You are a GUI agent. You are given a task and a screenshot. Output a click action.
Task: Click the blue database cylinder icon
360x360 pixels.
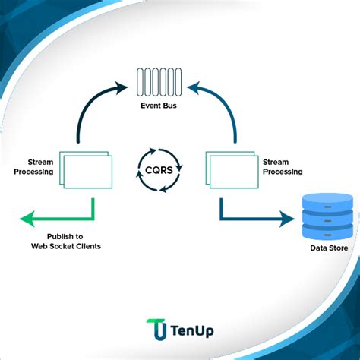[327, 217]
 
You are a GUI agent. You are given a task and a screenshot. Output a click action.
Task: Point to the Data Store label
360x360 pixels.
[329, 248]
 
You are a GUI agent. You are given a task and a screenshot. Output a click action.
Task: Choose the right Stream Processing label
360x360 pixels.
[282, 167]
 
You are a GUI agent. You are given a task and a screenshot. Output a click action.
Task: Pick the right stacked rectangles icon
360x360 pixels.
[229, 171]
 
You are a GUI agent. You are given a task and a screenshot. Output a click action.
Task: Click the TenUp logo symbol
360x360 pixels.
[156, 330]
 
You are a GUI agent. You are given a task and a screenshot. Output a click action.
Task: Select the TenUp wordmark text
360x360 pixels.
[191, 330]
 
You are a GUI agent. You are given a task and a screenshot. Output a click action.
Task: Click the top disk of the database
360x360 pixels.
[327, 201]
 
